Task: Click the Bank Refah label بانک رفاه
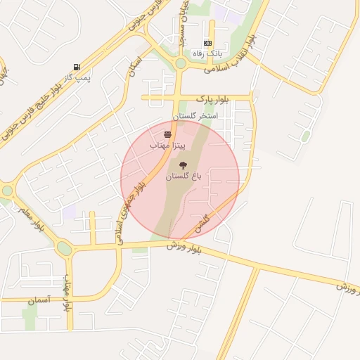pyautogui.click(x=207, y=53)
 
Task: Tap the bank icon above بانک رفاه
pyautogui.click(x=207, y=43)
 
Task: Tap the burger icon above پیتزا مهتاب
pyautogui.click(x=167, y=134)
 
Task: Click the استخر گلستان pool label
pyautogui.click(x=195, y=115)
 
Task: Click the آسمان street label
pyautogui.click(x=40, y=300)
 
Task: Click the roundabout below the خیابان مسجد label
pyautogui.click(x=181, y=63)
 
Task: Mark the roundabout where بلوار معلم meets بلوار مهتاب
pyautogui.click(x=64, y=248)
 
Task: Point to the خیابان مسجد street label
pyautogui.click(x=184, y=28)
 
